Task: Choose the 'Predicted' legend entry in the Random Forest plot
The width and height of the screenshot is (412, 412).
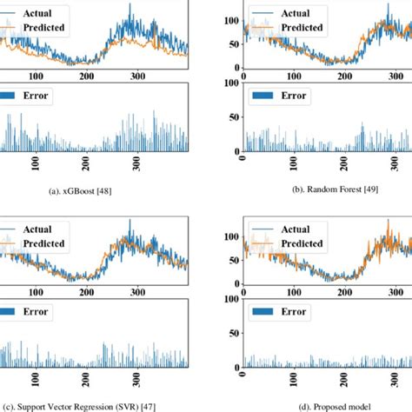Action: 296,28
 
